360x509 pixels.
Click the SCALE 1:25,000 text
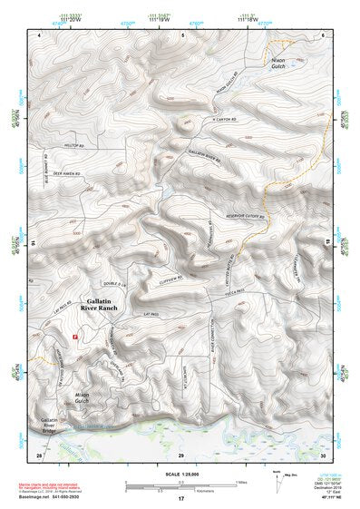click(x=181, y=473)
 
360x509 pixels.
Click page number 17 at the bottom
click(x=180, y=498)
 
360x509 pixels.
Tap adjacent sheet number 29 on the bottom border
click(x=180, y=454)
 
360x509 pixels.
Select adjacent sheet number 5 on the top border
click(x=182, y=34)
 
